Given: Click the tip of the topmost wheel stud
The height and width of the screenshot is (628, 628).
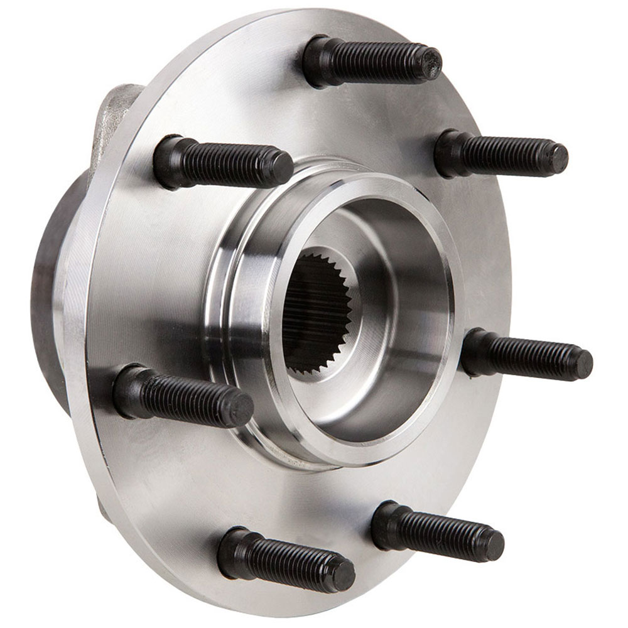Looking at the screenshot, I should pyautogui.click(x=431, y=63).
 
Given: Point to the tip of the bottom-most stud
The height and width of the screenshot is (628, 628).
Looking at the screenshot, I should pyautogui.click(x=344, y=575).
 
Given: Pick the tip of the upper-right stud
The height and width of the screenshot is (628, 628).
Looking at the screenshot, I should pyautogui.click(x=557, y=158).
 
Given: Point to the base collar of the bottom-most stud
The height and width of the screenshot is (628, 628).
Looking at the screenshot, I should pyautogui.click(x=231, y=550).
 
